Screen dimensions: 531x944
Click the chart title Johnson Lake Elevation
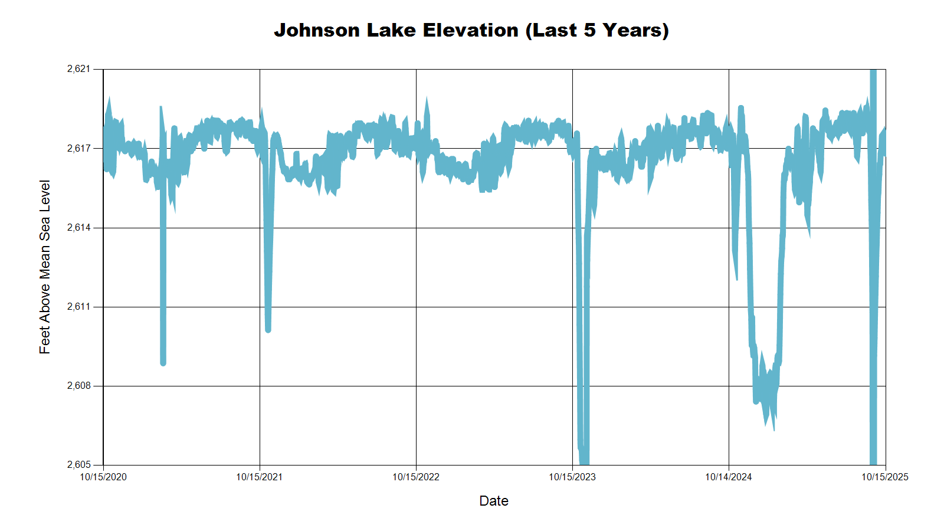click(x=471, y=30)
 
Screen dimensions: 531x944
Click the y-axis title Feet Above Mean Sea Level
click(x=45, y=267)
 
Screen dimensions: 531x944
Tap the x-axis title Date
click(x=494, y=501)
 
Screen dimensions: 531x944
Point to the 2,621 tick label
click(x=79, y=69)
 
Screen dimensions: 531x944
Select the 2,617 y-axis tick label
click(x=79, y=148)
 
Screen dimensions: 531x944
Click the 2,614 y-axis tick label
click(x=79, y=228)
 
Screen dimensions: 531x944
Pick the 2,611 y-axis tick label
click(x=79, y=307)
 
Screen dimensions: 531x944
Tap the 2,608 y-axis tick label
click(x=79, y=386)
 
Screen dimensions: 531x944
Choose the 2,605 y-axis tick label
click(x=79, y=465)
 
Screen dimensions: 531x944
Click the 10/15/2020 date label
click(x=103, y=477)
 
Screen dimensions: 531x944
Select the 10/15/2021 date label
click(x=260, y=477)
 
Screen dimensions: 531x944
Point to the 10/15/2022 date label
click(x=416, y=477)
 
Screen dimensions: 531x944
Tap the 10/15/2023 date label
click(x=572, y=477)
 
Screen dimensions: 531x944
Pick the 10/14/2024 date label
click(x=729, y=477)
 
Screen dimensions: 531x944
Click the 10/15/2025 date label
click(x=885, y=477)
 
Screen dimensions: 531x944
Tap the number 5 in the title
click(x=589, y=30)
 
